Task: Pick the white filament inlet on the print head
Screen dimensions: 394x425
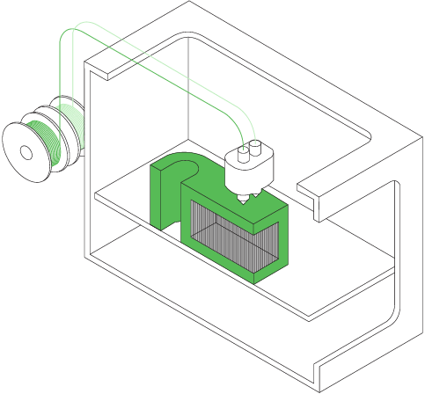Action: [x=256, y=147]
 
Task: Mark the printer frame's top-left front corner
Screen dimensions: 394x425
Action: [x=84, y=63]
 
